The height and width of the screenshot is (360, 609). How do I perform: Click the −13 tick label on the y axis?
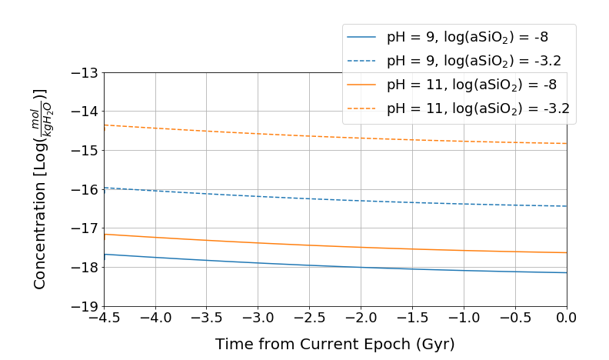[85, 73]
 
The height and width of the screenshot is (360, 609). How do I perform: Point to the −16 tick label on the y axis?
[85, 190]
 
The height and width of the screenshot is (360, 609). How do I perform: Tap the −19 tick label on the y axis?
[85, 307]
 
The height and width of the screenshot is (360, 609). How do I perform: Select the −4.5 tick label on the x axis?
[104, 318]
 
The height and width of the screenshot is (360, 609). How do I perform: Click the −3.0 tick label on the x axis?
[258, 318]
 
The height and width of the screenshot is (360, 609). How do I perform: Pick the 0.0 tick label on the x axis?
[567, 318]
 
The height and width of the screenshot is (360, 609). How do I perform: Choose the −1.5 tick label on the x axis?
[412, 318]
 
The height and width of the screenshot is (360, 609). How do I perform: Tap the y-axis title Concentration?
[40, 235]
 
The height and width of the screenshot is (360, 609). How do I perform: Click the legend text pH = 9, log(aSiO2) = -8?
[468, 37]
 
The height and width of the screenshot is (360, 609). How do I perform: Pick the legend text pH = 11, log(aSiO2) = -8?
[471, 85]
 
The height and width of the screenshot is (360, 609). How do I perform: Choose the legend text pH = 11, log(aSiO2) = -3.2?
[478, 108]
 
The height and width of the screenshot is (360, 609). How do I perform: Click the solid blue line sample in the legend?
[361, 37]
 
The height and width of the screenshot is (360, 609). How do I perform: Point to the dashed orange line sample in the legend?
[361, 108]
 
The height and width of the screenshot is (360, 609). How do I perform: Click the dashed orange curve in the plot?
[335, 137]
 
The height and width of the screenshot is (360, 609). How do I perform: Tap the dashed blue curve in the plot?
[335, 199]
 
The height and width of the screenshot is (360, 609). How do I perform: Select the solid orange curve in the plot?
[335, 246]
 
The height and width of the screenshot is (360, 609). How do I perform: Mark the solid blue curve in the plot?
[335, 266]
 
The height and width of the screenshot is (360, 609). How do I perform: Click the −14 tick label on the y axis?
[85, 112]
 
